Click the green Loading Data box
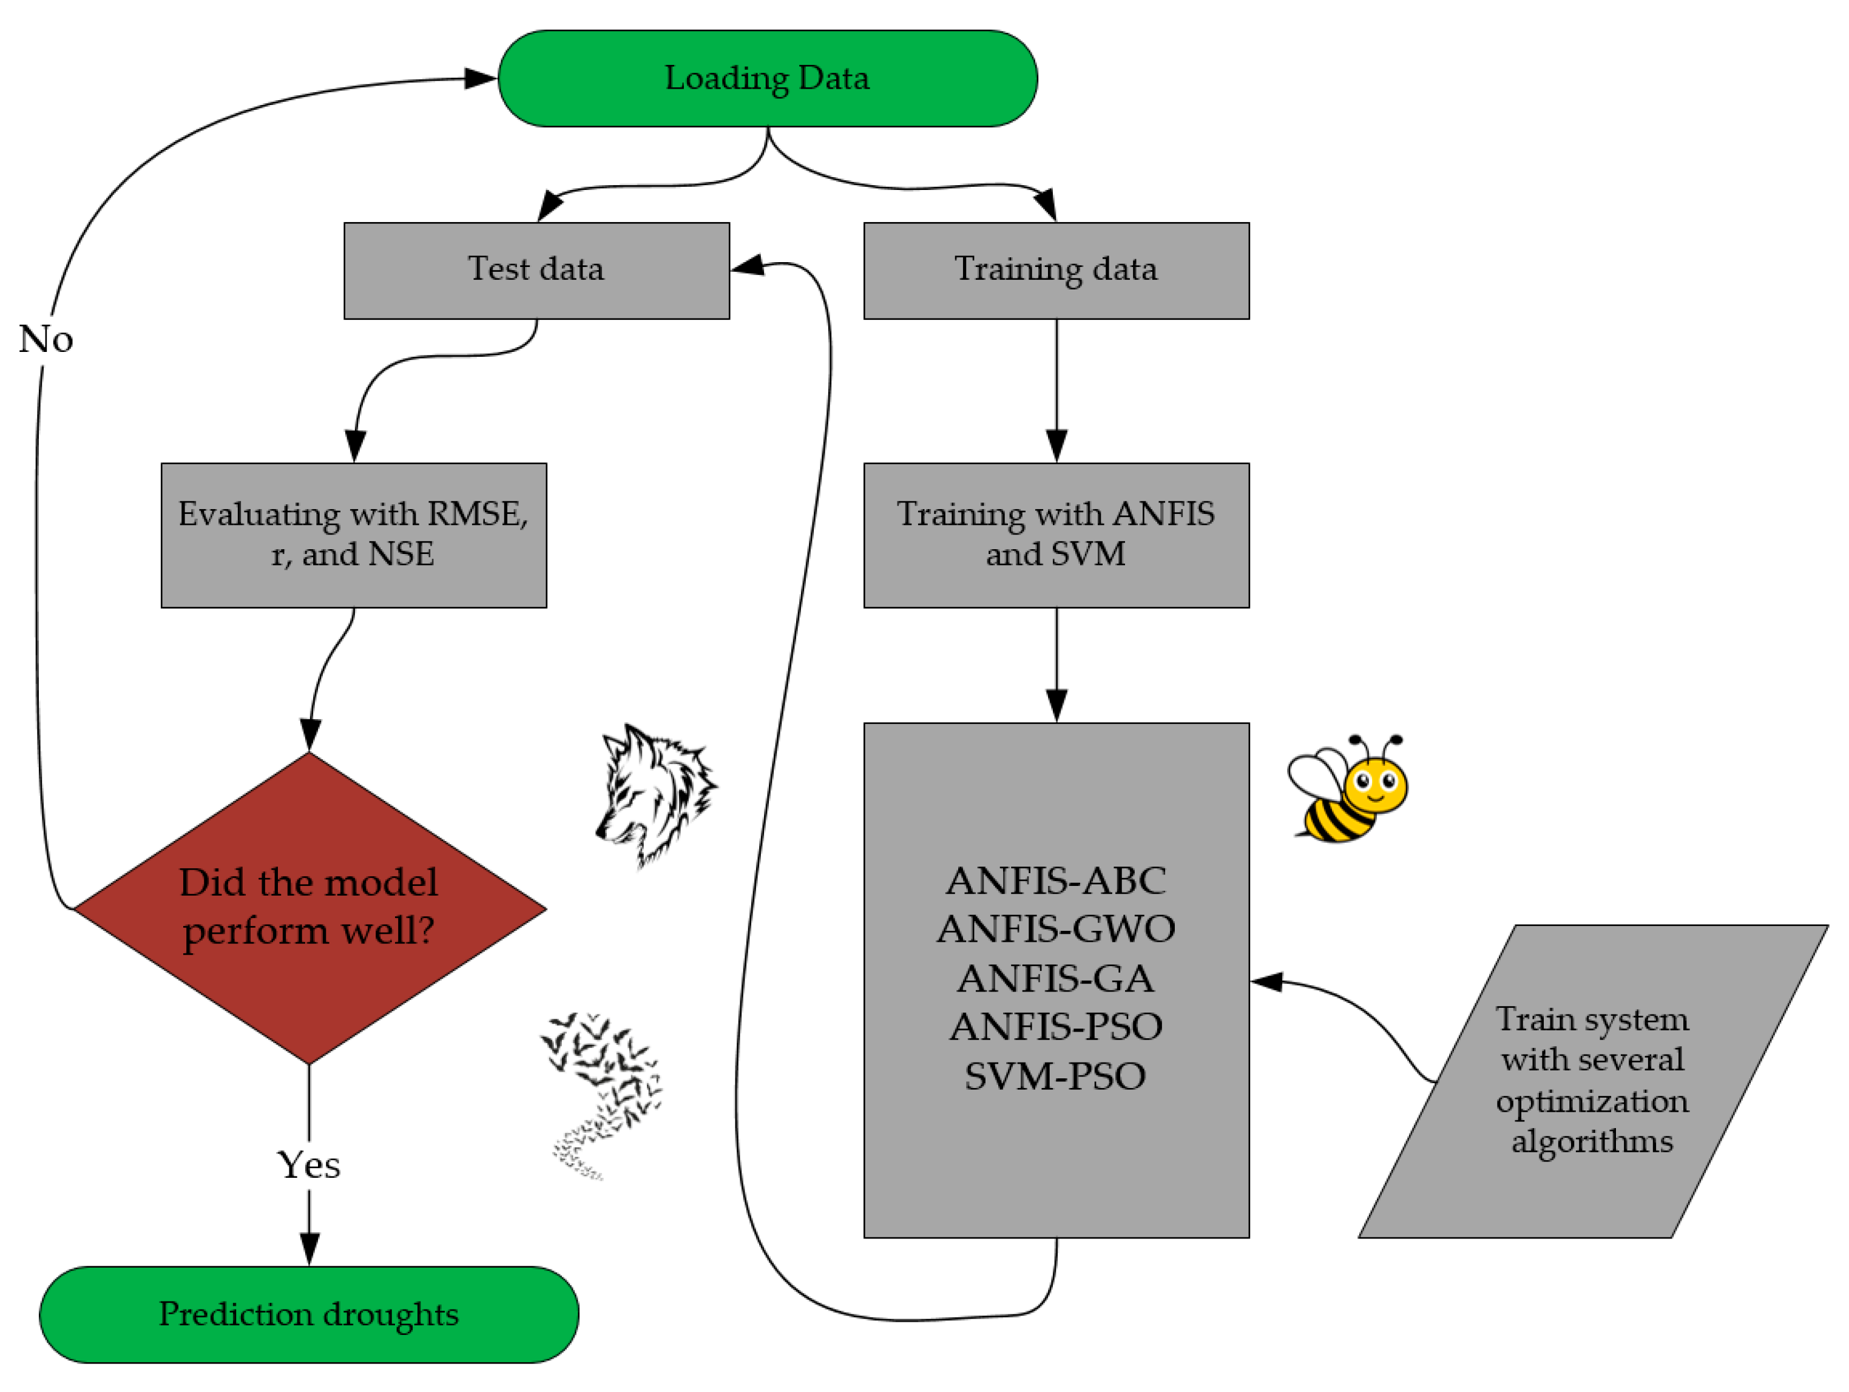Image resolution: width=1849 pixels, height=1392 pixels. (768, 79)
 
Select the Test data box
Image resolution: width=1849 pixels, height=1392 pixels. (536, 269)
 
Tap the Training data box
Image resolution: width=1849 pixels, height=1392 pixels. (1056, 269)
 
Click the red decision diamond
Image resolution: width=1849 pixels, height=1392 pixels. (309, 907)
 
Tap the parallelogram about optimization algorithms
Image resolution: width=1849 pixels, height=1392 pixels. (1592, 1080)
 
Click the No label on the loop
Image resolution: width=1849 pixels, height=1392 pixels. (46, 339)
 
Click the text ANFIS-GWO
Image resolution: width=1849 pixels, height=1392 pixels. (1056, 929)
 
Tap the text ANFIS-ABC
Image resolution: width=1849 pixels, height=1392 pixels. (1056, 880)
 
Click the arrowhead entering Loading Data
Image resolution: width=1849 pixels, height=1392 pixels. (481, 79)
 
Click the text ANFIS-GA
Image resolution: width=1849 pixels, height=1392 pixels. (1056, 978)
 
